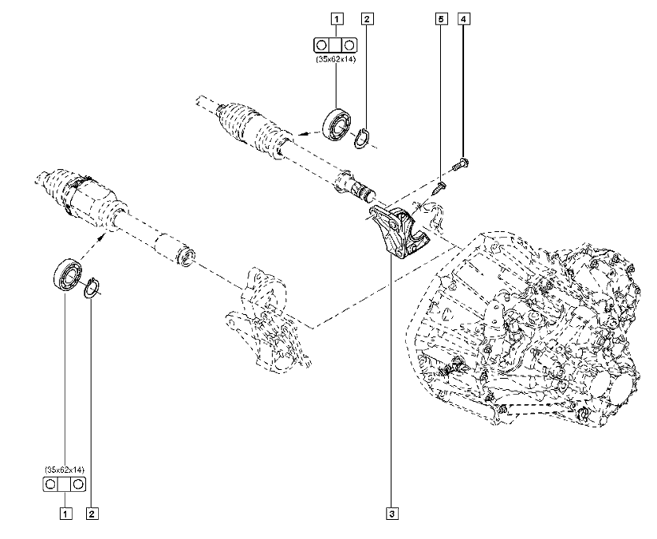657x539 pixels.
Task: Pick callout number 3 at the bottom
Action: coord(391,514)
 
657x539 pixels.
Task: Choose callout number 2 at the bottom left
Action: coord(92,514)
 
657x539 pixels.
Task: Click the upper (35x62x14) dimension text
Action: coord(336,57)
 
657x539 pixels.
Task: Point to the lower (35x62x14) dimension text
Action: coord(64,470)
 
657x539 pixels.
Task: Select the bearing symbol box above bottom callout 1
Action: coord(64,484)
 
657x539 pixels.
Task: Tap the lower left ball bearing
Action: coord(66,275)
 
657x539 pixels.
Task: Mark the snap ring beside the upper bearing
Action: coord(363,139)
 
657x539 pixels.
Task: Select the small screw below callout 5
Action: coord(441,187)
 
